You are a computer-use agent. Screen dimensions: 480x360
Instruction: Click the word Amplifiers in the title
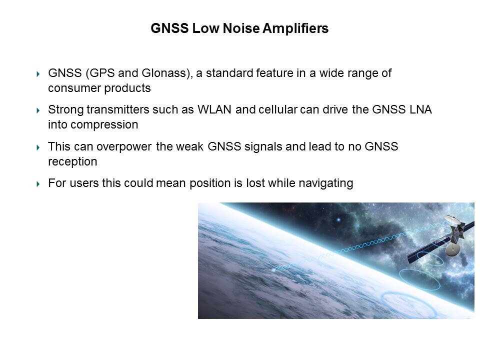295,28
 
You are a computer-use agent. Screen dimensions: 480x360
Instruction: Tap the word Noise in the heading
241,28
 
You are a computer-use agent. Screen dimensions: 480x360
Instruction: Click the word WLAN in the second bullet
214,109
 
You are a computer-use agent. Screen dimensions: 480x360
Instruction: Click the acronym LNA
420,109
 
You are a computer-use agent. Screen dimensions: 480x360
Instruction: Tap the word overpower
124,146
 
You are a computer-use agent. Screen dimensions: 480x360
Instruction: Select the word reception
72,161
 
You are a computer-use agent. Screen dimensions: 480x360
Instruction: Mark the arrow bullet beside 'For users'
38,183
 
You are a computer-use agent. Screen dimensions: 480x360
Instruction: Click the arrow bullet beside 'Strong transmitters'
38,110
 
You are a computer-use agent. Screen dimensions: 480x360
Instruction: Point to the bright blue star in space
338,219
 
